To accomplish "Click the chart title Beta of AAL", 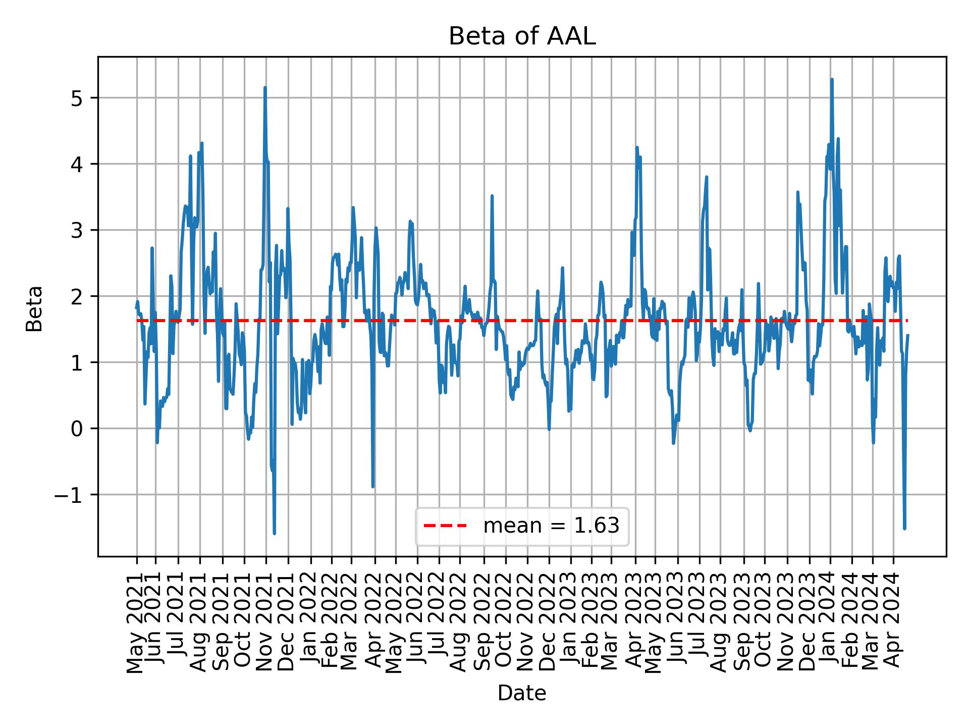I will (x=522, y=37).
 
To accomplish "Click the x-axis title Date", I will (x=522, y=693).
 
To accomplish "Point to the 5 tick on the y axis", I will (x=76, y=98).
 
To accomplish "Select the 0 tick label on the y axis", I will (x=76, y=429).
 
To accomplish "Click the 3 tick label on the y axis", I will (x=76, y=230).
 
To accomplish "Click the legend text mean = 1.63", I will (x=551, y=526).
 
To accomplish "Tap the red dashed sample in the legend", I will (x=445, y=526).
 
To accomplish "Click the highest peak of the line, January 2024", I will (x=832, y=80).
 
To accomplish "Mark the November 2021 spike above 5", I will (x=265, y=88).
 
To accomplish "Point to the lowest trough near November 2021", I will (x=274, y=533).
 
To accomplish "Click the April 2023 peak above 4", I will (x=637, y=147).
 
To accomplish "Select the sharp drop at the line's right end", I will (x=904, y=528).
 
